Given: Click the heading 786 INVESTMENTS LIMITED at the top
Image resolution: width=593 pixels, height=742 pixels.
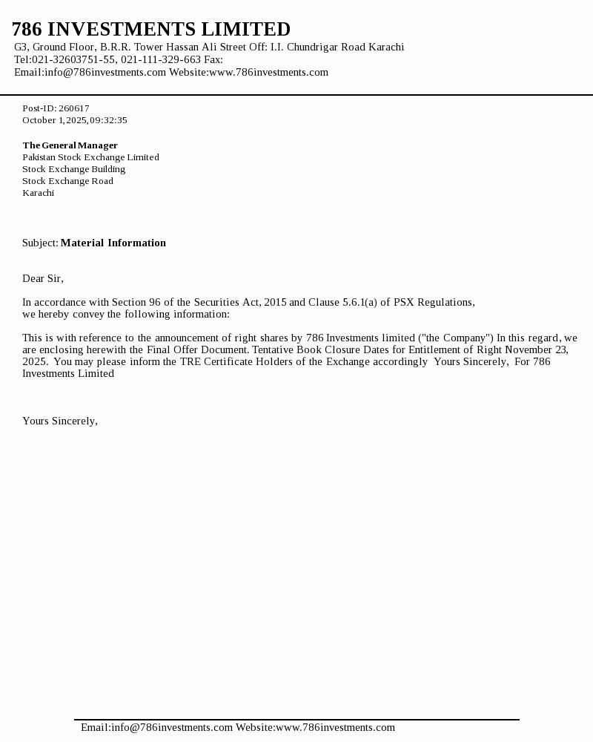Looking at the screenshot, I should pos(151,30).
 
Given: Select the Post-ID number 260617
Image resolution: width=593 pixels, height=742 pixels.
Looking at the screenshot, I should pos(74,108).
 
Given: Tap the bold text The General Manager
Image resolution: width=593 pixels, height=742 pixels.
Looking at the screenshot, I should pos(70,145).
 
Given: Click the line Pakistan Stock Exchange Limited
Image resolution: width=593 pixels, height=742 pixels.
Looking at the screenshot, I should pos(90,157).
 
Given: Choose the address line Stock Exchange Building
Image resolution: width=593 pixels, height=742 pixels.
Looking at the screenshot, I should pos(73,169).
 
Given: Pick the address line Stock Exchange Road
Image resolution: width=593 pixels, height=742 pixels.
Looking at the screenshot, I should pos(67,181).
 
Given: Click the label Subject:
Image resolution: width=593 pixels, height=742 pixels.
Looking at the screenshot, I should pos(40,243).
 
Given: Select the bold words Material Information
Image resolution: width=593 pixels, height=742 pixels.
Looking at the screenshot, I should pos(113,243).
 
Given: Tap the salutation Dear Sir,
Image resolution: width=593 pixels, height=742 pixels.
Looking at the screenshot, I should pos(43,279).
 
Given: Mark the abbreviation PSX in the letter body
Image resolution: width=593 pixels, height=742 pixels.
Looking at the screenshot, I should pos(404,303).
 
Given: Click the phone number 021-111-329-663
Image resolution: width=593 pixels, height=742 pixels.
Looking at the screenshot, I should pos(161,60).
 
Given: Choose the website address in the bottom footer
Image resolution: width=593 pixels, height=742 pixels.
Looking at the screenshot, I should pos(335,728).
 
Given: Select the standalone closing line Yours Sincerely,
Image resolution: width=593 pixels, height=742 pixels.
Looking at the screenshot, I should pos(60,421).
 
